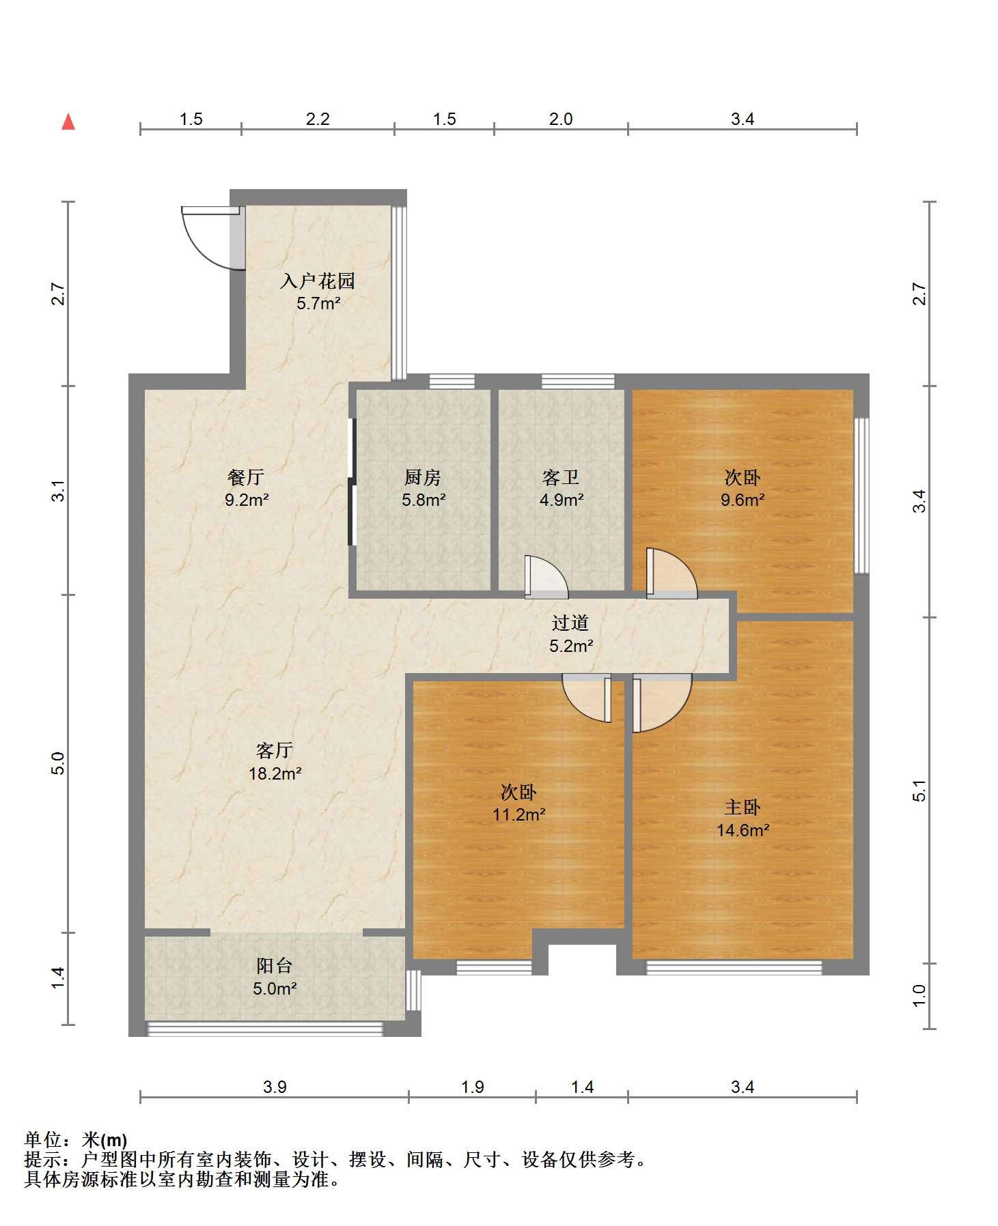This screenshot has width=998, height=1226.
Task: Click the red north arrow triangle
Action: (68, 122)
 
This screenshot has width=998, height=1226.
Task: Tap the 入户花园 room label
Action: (318, 281)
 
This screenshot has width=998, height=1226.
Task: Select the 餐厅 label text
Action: (246, 477)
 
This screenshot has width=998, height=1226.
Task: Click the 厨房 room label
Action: (423, 477)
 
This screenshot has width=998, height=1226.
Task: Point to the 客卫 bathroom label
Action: (561, 477)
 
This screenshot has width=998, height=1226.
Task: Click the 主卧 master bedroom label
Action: (743, 808)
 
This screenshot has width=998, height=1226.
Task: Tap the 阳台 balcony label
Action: (275, 965)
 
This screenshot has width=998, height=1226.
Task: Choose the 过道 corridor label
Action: (570, 623)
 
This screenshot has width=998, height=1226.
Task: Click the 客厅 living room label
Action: (275, 751)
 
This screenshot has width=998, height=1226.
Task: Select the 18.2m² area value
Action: (275, 773)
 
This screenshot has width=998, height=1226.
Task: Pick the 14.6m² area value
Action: (743, 830)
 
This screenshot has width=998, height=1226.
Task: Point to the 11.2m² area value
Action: (519, 814)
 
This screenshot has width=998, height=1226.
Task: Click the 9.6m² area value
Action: (743, 500)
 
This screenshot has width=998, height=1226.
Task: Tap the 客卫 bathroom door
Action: (546, 578)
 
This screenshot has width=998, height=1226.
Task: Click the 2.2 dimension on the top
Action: (318, 119)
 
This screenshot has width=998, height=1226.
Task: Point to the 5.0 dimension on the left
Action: (59, 763)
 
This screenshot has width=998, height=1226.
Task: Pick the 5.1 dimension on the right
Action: (921, 790)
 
